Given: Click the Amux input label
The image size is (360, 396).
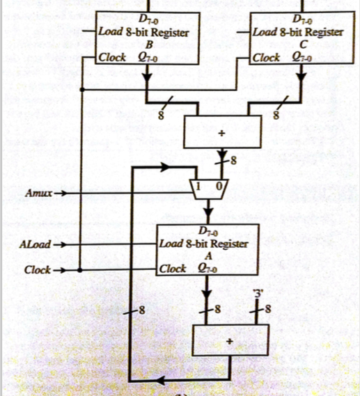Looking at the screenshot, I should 38,191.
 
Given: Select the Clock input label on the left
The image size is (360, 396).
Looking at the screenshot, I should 37,269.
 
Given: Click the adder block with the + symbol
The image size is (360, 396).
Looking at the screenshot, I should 228,340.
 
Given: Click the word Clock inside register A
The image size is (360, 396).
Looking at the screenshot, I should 173,269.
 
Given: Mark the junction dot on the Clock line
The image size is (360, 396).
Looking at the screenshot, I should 81,269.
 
